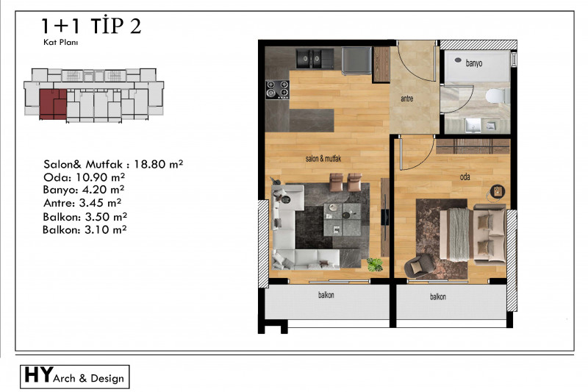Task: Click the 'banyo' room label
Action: point(473,63)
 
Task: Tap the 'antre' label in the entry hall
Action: point(407,99)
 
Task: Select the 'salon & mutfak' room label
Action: point(323,159)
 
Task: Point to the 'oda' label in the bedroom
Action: point(465,177)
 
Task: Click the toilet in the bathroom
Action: point(498,96)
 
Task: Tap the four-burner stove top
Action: point(278,90)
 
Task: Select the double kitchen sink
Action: point(309,59)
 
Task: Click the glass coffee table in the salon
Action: point(342,219)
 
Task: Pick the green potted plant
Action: point(375,264)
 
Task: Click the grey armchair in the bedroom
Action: point(419,266)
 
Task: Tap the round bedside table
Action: point(498,191)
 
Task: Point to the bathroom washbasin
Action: point(473,125)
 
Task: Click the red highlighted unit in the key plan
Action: point(53,104)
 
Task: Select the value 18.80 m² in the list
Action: point(158,164)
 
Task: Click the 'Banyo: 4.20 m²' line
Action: point(84,190)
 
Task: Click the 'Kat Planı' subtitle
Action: point(60,42)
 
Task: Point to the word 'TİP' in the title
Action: point(107,26)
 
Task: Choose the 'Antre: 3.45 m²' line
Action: point(82,203)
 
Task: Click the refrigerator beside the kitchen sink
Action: point(356,60)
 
